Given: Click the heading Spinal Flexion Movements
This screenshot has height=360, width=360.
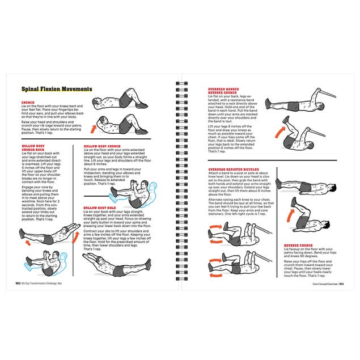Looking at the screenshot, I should pyautogui.click(x=56, y=89).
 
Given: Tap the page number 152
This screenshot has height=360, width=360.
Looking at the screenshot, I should pyautogui.click(x=17, y=283).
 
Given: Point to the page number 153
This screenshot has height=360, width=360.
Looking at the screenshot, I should pyautogui.click(x=341, y=283).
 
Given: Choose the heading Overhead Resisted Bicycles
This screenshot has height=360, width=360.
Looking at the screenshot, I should pyautogui.click(x=233, y=170).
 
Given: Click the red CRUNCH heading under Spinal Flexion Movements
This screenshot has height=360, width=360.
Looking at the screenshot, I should pyautogui.click(x=27, y=103).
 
